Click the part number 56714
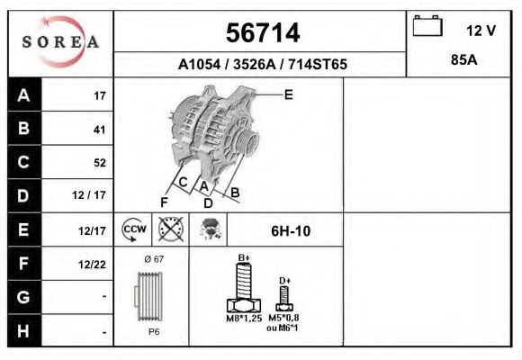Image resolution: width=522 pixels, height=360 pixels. point(261,33)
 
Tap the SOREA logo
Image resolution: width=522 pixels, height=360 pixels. point(60,42)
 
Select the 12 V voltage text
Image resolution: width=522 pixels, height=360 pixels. point(481,31)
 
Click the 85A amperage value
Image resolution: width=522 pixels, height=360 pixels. point(463,63)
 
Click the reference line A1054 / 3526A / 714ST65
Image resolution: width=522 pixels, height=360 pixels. point(262,65)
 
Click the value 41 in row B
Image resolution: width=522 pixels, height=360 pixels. point(99,130)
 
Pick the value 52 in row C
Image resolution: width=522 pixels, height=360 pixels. point(99,163)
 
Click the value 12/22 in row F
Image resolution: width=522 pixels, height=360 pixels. point(94,263)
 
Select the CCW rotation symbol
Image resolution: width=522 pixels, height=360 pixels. point(134,229)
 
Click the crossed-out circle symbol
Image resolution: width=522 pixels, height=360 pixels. point(170,229)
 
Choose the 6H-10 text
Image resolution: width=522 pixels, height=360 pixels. point(291,231)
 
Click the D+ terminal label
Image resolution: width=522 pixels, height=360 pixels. point(284,281)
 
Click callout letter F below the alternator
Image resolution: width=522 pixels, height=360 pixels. point(165,202)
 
